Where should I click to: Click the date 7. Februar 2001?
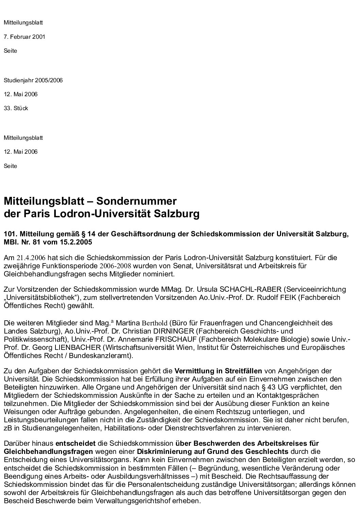click(24, 37)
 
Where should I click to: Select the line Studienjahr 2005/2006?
click(33, 81)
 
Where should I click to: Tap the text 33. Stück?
click(16, 108)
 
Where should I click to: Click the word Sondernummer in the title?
click(136, 201)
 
